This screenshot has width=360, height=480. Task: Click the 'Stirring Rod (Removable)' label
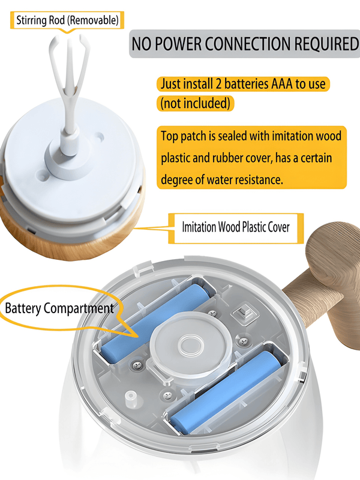67,20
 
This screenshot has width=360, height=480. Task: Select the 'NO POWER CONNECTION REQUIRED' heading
244,44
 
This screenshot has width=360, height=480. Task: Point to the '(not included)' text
194,103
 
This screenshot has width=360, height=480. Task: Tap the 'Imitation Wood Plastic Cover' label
236,227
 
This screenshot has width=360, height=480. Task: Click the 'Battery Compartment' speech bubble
59,309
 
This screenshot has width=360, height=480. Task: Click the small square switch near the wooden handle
242,313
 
